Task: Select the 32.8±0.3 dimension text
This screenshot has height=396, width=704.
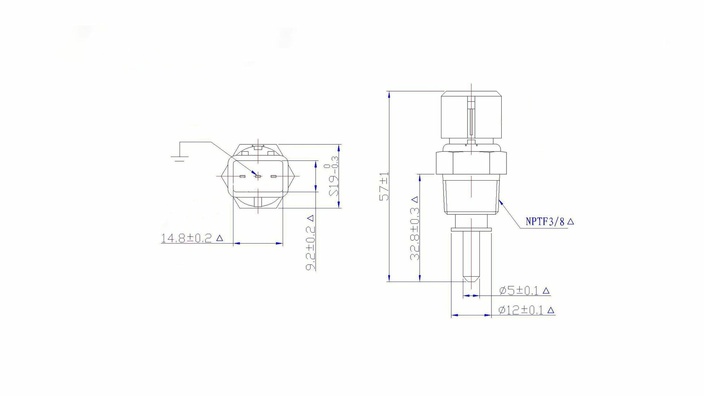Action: [415, 228]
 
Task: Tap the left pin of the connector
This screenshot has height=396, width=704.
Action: [242, 176]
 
